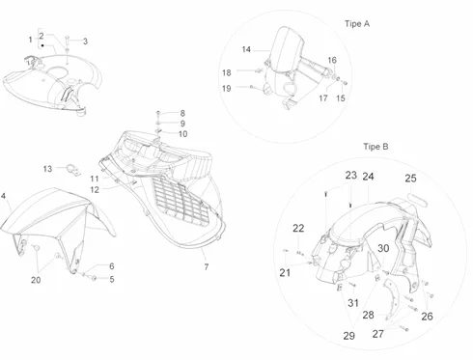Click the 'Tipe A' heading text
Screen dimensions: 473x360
tap(357, 24)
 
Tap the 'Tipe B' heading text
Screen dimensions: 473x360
tap(376, 147)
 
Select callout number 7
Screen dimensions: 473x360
tap(207, 266)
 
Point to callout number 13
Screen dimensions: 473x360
tap(47, 169)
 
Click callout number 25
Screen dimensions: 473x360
tap(410, 179)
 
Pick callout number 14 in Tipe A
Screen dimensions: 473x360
tap(246, 49)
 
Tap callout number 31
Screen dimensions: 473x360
tap(353, 303)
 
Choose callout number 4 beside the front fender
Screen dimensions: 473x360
tap(3, 196)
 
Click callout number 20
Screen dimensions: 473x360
tap(36, 280)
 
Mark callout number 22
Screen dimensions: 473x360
tap(298, 228)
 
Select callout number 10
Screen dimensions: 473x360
tap(182, 134)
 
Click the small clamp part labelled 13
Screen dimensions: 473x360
tap(73, 170)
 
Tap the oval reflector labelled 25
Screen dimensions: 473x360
tap(417, 200)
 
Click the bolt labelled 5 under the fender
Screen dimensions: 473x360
tap(94, 278)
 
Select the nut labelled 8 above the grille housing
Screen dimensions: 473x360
tap(158, 113)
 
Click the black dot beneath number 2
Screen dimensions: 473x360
tap(42, 45)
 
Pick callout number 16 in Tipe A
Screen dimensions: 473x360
tap(332, 60)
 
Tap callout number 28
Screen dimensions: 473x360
tap(369, 315)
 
